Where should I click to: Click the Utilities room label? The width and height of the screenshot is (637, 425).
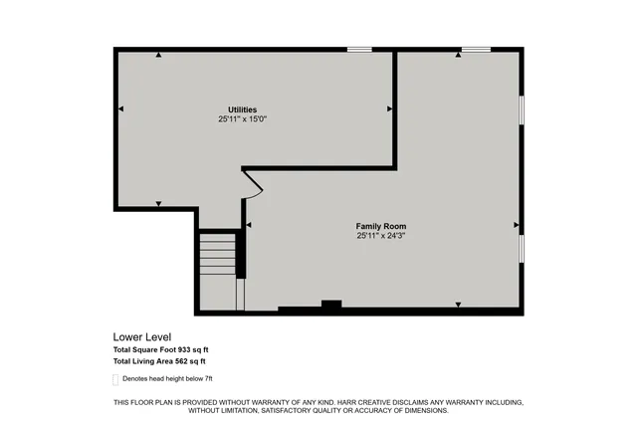pyautogui.click(x=243, y=109)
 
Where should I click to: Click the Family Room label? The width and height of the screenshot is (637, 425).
pyautogui.click(x=381, y=226)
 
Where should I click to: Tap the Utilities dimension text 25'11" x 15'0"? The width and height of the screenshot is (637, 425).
pyautogui.click(x=243, y=119)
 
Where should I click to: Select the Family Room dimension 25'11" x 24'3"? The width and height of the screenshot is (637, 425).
pyautogui.click(x=381, y=236)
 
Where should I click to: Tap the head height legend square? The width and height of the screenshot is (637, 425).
pyautogui.click(x=115, y=379)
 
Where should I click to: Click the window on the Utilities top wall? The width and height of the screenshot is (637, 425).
pyautogui.click(x=359, y=49)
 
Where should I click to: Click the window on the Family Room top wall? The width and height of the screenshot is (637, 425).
pyautogui.click(x=476, y=49)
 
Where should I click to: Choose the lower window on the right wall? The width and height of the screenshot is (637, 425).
pyautogui.click(x=521, y=249)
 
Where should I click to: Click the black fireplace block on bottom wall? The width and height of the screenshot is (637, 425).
pyautogui.click(x=331, y=305)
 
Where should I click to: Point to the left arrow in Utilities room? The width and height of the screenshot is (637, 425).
pyautogui.click(x=120, y=107)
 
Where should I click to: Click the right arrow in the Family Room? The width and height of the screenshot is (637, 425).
pyautogui.click(x=516, y=225)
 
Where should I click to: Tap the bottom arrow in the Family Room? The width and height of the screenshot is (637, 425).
pyautogui.click(x=458, y=303)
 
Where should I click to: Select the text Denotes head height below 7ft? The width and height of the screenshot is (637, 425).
pyautogui.click(x=167, y=379)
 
